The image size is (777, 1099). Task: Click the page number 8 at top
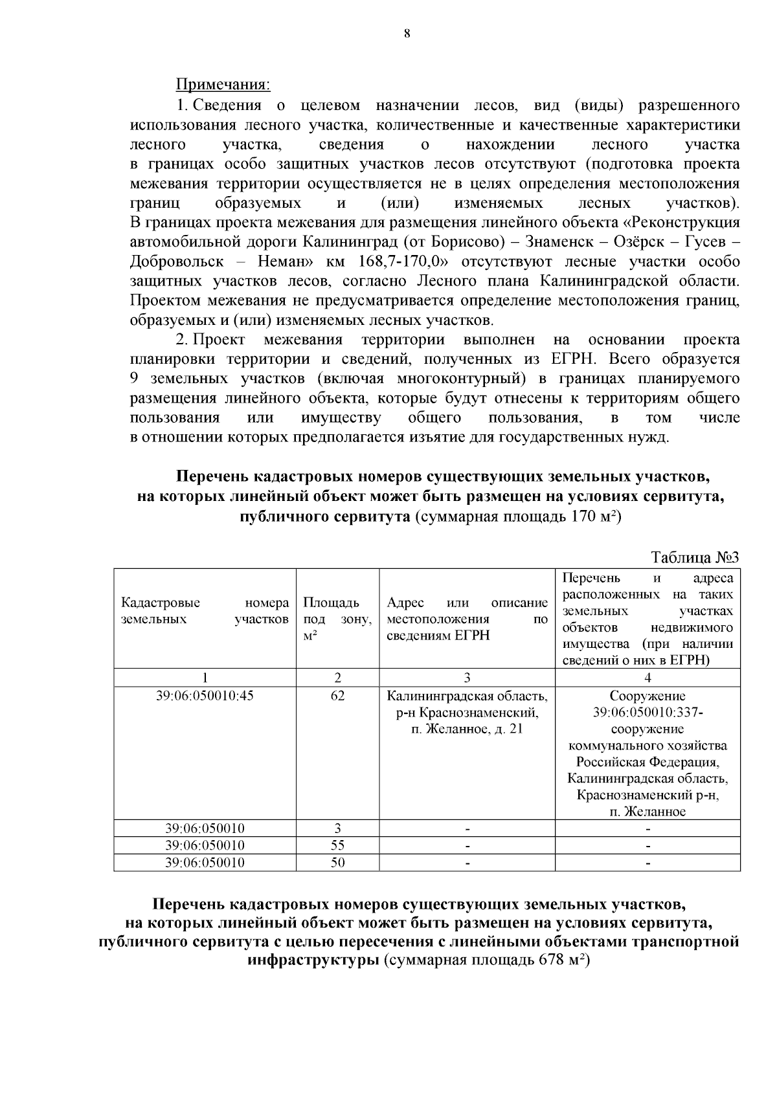[407, 34]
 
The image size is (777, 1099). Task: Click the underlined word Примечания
[223, 85]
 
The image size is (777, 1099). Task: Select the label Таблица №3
[695, 558]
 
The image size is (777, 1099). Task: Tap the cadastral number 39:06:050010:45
[205, 696]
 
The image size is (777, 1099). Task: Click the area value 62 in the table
[337, 696]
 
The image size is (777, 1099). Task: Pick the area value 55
[337, 845]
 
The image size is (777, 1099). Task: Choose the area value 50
[337, 862]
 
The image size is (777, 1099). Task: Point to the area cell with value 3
[337, 828]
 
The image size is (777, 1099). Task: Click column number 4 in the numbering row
[647, 678]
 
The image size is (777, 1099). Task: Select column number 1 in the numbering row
[205, 678]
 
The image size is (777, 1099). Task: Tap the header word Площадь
[331, 603]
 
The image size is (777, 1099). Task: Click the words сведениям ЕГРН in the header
[438, 635]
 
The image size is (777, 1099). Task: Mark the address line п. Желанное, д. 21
[467, 729]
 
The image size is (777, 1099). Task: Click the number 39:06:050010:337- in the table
[647, 713]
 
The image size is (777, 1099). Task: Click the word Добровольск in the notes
[177, 262]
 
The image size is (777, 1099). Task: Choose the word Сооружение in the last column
[647, 696]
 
